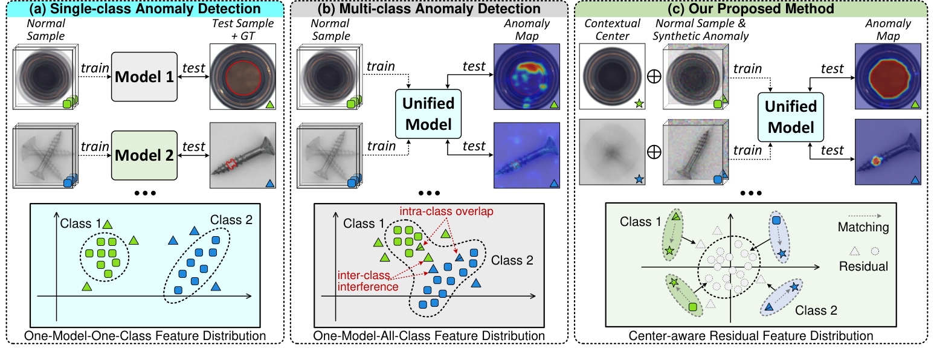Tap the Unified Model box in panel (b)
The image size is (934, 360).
click(x=428, y=114)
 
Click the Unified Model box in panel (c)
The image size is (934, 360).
click(x=790, y=117)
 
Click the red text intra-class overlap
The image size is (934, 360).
click(x=437, y=212)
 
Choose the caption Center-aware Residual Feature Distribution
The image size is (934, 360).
click(x=751, y=336)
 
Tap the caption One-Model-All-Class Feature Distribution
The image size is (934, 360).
click(x=430, y=336)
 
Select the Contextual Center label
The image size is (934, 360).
click(x=605, y=30)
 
